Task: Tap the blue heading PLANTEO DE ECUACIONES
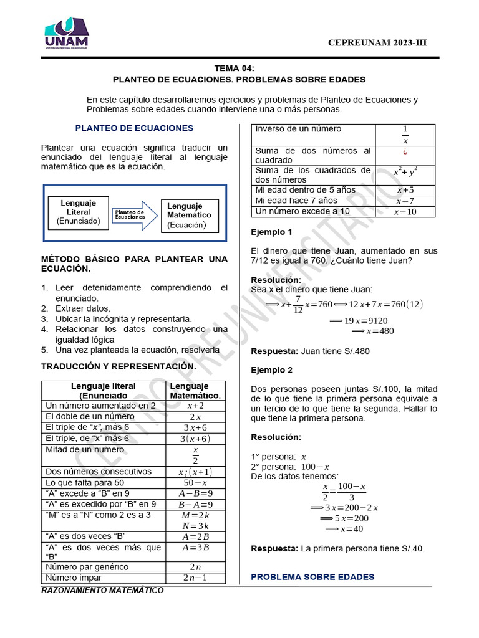click(134, 128)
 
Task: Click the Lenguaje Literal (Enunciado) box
click(79, 212)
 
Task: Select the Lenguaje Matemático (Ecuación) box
click(189, 216)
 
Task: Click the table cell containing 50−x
click(195, 483)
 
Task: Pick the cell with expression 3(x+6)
click(195, 438)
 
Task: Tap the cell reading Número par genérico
click(87, 567)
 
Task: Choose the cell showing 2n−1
click(195, 578)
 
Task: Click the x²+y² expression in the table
click(405, 171)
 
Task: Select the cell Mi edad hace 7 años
click(296, 201)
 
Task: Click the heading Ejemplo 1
click(271, 232)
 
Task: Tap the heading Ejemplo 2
click(271, 369)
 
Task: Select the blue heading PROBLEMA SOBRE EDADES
click(312, 577)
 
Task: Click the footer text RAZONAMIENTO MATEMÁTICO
click(103, 590)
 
